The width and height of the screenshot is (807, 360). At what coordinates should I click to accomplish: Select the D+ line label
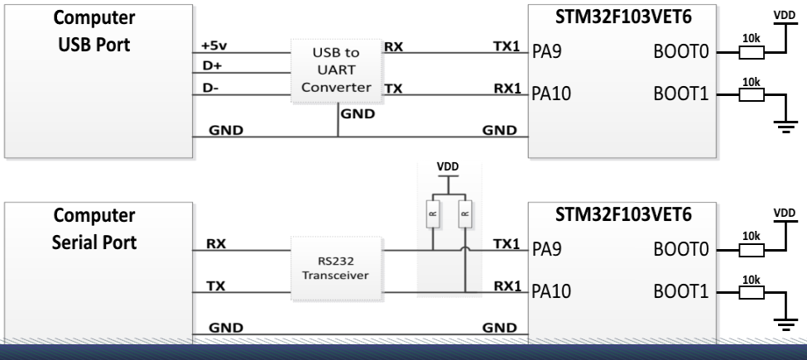(210, 65)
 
